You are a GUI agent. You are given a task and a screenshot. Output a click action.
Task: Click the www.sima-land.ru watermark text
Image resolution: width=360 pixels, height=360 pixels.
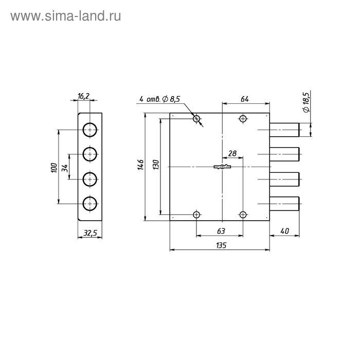click(x=65, y=16)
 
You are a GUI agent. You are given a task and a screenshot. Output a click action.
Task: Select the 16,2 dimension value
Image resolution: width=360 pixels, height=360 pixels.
click(x=84, y=96)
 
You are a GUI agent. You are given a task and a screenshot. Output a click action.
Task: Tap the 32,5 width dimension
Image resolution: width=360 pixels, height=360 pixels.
click(x=90, y=233)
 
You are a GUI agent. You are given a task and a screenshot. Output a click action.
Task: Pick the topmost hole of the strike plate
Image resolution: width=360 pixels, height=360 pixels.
click(x=90, y=130)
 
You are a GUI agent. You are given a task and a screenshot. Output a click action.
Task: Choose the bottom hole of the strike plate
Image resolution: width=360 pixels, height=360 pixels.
click(x=90, y=204)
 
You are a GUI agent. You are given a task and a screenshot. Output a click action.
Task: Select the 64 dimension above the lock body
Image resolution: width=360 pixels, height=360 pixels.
click(x=245, y=99)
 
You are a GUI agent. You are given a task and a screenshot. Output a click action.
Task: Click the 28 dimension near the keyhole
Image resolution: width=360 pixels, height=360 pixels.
click(x=232, y=154)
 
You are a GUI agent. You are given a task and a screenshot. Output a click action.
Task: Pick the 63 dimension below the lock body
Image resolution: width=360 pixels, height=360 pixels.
click(x=220, y=231)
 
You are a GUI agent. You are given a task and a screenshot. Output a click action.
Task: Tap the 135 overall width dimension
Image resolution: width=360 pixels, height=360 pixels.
click(x=220, y=245)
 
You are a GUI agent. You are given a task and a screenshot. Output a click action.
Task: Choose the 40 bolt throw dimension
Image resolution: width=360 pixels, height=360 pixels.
click(x=284, y=231)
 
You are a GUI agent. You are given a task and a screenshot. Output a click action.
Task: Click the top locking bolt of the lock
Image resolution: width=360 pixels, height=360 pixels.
click(x=285, y=130)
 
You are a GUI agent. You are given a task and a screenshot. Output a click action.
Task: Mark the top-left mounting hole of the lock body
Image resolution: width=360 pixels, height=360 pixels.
click(x=196, y=119)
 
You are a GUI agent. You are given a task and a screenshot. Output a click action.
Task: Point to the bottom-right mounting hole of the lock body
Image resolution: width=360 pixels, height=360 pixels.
click(x=243, y=214)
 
